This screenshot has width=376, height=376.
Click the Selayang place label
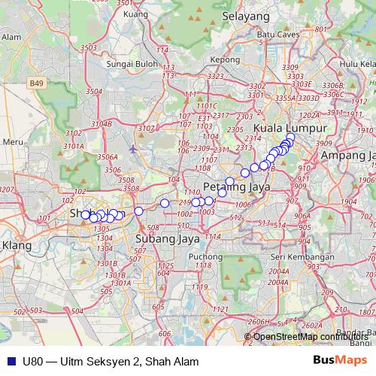tap(245, 15)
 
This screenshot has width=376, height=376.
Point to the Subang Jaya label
tap(162, 238)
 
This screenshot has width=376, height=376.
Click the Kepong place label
tap(225, 59)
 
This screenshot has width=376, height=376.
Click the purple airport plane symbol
tap(133, 148)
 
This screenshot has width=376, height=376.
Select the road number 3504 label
tap(94, 90)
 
